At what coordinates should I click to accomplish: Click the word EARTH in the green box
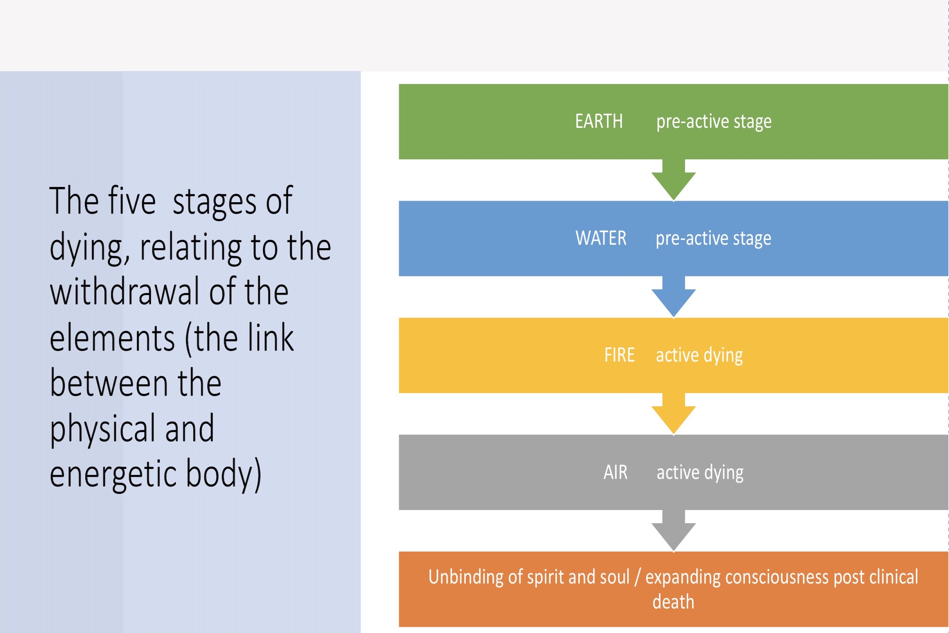pyautogui.click(x=599, y=121)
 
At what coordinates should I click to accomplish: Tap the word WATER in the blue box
pyautogui.click(x=601, y=238)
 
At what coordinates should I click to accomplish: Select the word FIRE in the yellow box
pyautogui.click(x=619, y=355)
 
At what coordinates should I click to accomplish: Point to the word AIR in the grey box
pyautogui.click(x=615, y=472)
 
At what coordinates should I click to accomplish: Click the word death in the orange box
pyautogui.click(x=673, y=602)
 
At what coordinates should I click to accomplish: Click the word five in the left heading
pyautogui.click(x=132, y=201)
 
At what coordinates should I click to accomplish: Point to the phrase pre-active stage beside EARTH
pyautogui.click(x=714, y=121)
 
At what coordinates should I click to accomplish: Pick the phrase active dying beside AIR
pyautogui.click(x=700, y=472)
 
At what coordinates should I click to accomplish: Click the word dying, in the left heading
pyautogui.click(x=90, y=248)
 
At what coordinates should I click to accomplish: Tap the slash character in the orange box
pyautogui.click(x=637, y=577)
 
